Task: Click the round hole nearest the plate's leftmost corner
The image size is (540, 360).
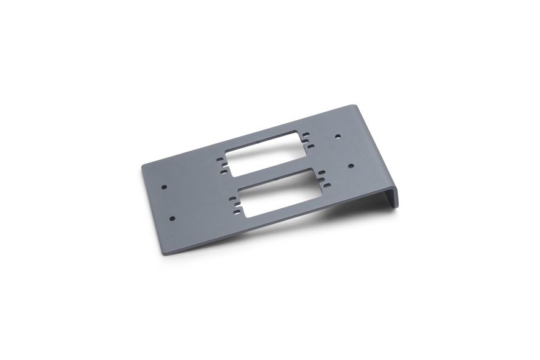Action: click(x=163, y=187)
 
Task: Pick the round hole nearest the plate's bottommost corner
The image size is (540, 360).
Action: click(x=172, y=217)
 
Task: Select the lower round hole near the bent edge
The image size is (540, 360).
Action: click(x=351, y=165)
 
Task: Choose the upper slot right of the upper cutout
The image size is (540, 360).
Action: click(x=306, y=134)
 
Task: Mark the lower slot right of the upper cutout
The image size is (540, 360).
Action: click(x=311, y=145)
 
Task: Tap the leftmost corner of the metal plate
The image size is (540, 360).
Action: click(x=143, y=166)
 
